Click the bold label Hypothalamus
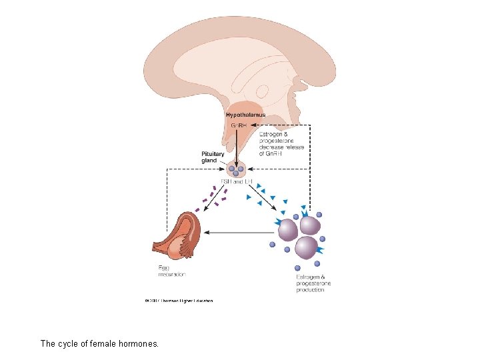(245, 115)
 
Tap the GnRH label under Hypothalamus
(237, 125)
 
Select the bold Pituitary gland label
(213, 157)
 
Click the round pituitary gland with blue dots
(236, 169)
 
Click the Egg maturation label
(171, 271)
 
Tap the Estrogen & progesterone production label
(313, 283)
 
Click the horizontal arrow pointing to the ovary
(240, 233)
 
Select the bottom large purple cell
(306, 248)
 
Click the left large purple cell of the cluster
(287, 230)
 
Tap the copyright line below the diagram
(179, 301)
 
